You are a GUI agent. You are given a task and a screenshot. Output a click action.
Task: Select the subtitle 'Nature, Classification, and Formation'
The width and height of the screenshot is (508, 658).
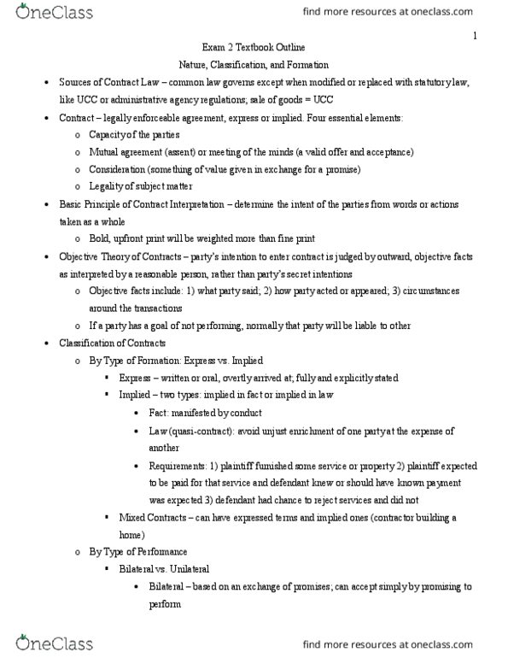pos(253,65)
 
